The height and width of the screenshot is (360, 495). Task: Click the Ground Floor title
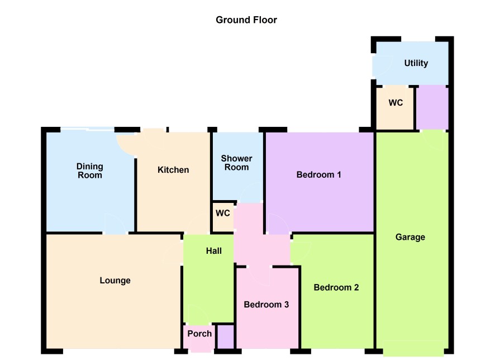[x=246, y=20]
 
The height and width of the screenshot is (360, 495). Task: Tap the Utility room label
[x=416, y=63]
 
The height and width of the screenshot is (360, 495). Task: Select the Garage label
[x=410, y=237]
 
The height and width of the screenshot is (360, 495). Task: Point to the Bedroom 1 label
[x=318, y=174]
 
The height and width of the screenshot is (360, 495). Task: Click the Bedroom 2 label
[x=336, y=287]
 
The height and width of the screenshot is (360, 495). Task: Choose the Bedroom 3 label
[x=266, y=305]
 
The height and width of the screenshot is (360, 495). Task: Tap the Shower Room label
[x=236, y=163]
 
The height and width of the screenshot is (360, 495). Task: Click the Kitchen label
[x=173, y=170]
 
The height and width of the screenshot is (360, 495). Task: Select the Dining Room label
[x=89, y=171]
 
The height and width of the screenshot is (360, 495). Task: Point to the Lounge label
[x=115, y=281]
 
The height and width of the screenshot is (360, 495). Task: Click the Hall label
[x=214, y=251]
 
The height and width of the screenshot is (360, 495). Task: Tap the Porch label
[x=199, y=334]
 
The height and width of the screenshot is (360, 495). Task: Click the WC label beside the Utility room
[x=396, y=103]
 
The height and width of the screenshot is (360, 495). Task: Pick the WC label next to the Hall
[x=222, y=213]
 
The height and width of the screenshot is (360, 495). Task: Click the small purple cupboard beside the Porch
[x=226, y=337]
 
